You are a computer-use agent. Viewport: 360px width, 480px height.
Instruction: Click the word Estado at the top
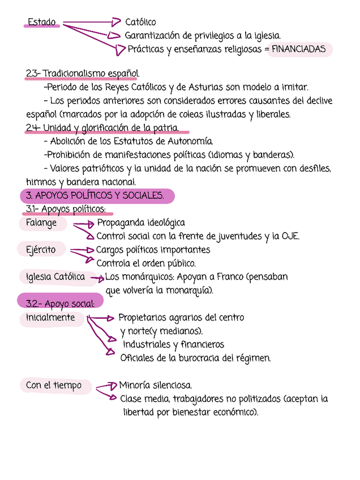pos(42,23)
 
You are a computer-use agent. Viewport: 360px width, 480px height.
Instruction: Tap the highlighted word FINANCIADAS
pos(298,50)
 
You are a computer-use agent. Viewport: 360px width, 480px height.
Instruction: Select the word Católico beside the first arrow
pos(140,23)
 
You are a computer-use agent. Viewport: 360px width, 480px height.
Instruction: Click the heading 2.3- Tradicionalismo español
pos(83,74)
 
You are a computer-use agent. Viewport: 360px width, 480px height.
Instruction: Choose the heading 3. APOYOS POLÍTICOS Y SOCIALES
pos(96,196)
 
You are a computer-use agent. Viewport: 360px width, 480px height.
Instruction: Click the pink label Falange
pos(41,223)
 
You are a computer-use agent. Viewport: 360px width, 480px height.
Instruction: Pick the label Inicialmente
pos(50,318)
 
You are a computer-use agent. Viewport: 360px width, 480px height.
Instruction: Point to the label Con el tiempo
pos(54,385)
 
